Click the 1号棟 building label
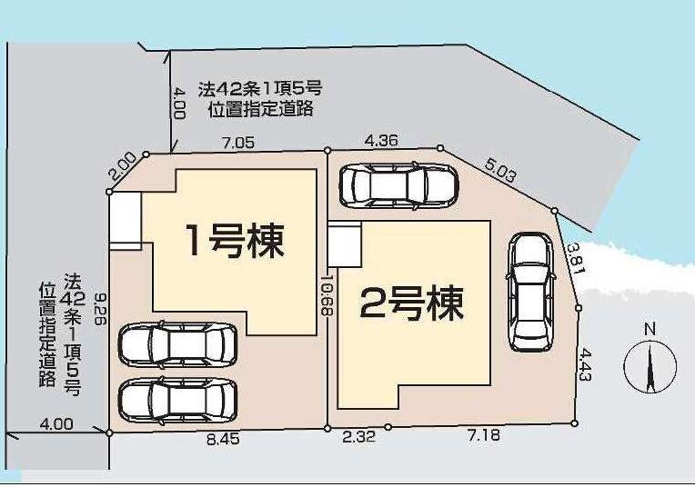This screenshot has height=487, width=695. tap(235, 240)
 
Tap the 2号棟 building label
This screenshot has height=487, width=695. tap(412, 303)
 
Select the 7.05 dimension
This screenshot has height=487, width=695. tap(237, 143)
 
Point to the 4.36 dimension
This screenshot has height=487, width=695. tap(381, 140)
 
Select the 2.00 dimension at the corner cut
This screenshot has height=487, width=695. tap(122, 166)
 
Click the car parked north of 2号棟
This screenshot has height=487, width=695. tap(398, 184)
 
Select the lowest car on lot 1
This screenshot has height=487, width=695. tap(177, 398)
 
